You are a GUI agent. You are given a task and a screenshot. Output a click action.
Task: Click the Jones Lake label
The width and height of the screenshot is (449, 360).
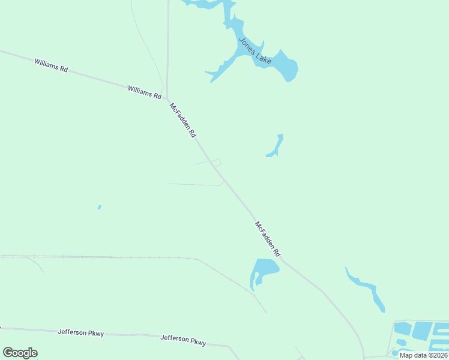point(255,51)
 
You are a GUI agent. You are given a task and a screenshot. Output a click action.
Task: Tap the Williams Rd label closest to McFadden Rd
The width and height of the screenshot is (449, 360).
point(145,92)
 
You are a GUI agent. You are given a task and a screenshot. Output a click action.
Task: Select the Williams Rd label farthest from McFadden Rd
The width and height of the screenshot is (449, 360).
point(51,65)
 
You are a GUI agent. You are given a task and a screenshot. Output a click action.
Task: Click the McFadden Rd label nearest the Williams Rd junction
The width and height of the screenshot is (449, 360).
point(183,121)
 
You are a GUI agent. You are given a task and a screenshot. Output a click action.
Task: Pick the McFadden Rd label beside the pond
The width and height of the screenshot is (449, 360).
point(268,239)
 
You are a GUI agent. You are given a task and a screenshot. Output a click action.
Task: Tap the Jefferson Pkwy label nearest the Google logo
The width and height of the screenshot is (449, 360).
point(82,332)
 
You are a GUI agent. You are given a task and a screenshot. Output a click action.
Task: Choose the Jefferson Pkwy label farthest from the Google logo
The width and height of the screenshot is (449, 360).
point(184,340)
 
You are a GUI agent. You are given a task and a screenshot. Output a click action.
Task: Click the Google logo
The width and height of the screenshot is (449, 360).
point(20,353)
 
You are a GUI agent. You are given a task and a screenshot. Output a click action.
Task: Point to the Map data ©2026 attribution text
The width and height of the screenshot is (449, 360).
point(424,355)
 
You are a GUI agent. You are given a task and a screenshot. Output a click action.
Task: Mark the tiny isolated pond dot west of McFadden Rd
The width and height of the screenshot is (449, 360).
point(100,208)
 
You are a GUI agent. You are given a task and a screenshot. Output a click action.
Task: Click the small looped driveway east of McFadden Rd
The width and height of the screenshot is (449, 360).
point(217,161)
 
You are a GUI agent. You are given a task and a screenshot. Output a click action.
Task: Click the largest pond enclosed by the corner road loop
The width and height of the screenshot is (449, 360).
point(422,331)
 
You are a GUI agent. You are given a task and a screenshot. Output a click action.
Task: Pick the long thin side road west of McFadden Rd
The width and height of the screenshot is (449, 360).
point(195,184)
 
